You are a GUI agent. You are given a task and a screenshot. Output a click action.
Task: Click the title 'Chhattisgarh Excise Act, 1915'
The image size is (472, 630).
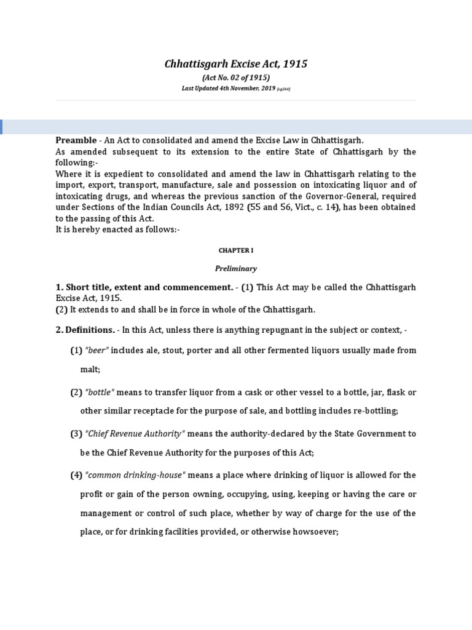(x=236, y=64)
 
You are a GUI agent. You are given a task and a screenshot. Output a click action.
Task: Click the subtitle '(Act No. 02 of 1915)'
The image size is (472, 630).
(x=236, y=78)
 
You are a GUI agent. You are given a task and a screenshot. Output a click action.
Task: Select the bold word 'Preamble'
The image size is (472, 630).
(x=76, y=140)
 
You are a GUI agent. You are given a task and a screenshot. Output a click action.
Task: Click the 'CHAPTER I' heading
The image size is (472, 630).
(x=236, y=251)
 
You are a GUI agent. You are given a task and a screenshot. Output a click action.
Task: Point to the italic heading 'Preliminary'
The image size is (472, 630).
(x=236, y=268)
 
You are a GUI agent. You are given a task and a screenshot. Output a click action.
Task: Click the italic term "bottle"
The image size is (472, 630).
(x=100, y=392)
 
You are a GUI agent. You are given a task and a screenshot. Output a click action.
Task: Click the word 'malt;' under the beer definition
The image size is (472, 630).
(x=90, y=369)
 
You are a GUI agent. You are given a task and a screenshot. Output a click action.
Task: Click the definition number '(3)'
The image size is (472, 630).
(x=76, y=434)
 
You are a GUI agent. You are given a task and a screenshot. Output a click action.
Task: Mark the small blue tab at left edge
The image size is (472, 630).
(x=1, y=127)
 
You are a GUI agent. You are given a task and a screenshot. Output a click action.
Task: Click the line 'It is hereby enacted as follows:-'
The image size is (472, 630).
(x=117, y=229)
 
